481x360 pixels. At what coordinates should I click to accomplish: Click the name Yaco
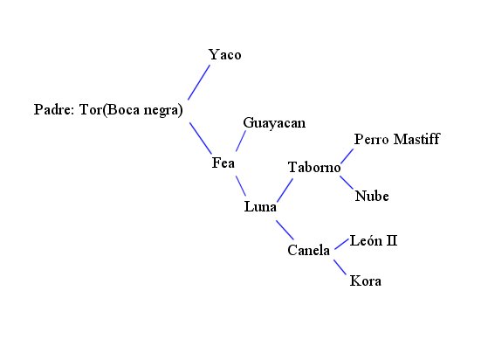225,55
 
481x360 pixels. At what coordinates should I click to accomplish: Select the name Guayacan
274,123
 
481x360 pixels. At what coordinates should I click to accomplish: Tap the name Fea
223,163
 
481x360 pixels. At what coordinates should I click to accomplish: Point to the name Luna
260,206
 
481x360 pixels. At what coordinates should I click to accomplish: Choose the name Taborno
314,168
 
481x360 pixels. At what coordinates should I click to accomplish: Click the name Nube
372,196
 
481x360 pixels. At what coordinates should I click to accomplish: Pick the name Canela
309,250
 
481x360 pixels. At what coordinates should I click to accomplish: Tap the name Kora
366,280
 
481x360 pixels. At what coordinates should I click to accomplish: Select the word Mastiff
416,139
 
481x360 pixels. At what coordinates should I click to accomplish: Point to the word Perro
372,139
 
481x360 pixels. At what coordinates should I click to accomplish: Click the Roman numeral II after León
392,240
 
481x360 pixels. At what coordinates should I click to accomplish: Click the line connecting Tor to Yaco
199,82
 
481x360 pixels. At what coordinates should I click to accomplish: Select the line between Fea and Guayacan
241,141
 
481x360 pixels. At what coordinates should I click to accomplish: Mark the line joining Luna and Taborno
285,190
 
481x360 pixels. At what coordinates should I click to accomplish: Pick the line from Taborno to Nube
347,182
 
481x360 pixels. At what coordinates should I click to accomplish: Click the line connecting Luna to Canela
285,230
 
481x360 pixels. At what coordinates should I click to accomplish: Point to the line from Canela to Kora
340,267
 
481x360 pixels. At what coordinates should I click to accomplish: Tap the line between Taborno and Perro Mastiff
347,156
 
